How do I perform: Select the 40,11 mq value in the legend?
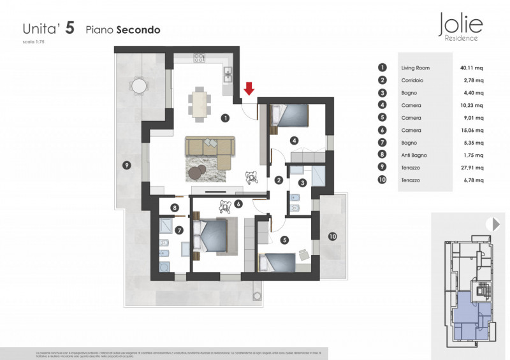pyautogui.click(x=472, y=68)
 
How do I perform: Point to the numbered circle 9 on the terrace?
pyautogui.click(x=127, y=166)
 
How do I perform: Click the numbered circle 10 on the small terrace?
pyautogui.click(x=332, y=236)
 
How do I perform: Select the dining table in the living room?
pyautogui.click(x=200, y=104)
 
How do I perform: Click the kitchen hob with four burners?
pyautogui.click(x=198, y=57)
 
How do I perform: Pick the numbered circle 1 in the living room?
pyautogui.click(x=224, y=117)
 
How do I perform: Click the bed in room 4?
pyautogui.click(x=290, y=115)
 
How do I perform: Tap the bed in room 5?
pyautogui.click(x=278, y=262)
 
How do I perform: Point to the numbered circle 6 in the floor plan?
pyautogui.click(x=238, y=205)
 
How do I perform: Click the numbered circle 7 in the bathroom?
pyautogui.click(x=179, y=230)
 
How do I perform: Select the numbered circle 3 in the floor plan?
pyautogui.click(x=303, y=183)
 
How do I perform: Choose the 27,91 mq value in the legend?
pyautogui.click(x=472, y=168)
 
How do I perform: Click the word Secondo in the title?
pyautogui.click(x=138, y=29)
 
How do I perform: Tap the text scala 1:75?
pyautogui.click(x=33, y=42)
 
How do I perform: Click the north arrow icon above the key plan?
pyautogui.click(x=492, y=224)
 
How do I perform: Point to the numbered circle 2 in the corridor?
pyautogui.click(x=279, y=180)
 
